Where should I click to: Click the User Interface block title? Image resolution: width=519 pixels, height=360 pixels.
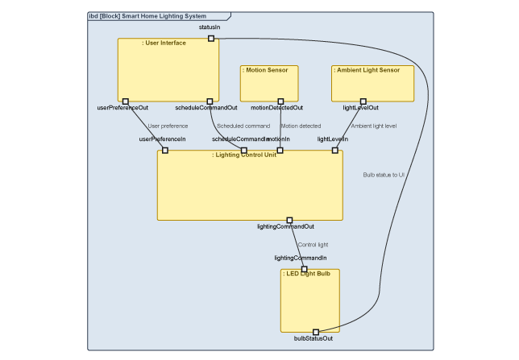tap(164, 43)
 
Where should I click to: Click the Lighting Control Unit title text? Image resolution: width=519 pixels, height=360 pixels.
tap(245, 155)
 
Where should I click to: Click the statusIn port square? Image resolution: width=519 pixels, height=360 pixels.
tap(211, 38)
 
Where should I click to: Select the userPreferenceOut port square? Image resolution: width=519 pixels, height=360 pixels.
tap(126, 101)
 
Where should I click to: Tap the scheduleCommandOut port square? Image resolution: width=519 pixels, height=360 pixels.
tap(210, 101)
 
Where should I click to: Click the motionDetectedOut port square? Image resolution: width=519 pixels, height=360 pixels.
tap(280, 101)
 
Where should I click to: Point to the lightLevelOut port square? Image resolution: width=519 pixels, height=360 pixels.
tap(363, 101)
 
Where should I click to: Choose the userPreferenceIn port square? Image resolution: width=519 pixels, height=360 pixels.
tap(165, 150)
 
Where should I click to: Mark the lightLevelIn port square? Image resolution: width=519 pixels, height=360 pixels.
tap(335, 150)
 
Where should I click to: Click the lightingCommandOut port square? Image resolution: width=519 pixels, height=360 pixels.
tap(289, 220)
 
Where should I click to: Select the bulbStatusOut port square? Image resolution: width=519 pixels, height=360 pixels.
tap(316, 332)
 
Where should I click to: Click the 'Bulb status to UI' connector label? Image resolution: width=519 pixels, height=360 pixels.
tap(384, 174)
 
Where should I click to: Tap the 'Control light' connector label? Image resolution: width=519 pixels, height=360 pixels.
tap(313, 244)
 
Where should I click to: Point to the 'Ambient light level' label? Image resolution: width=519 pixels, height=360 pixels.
tap(373, 126)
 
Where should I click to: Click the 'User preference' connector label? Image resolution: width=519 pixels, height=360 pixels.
tap(168, 126)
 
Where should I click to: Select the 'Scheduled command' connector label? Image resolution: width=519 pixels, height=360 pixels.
tap(243, 126)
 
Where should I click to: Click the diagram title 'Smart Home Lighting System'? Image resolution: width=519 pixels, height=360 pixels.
tap(164, 16)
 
